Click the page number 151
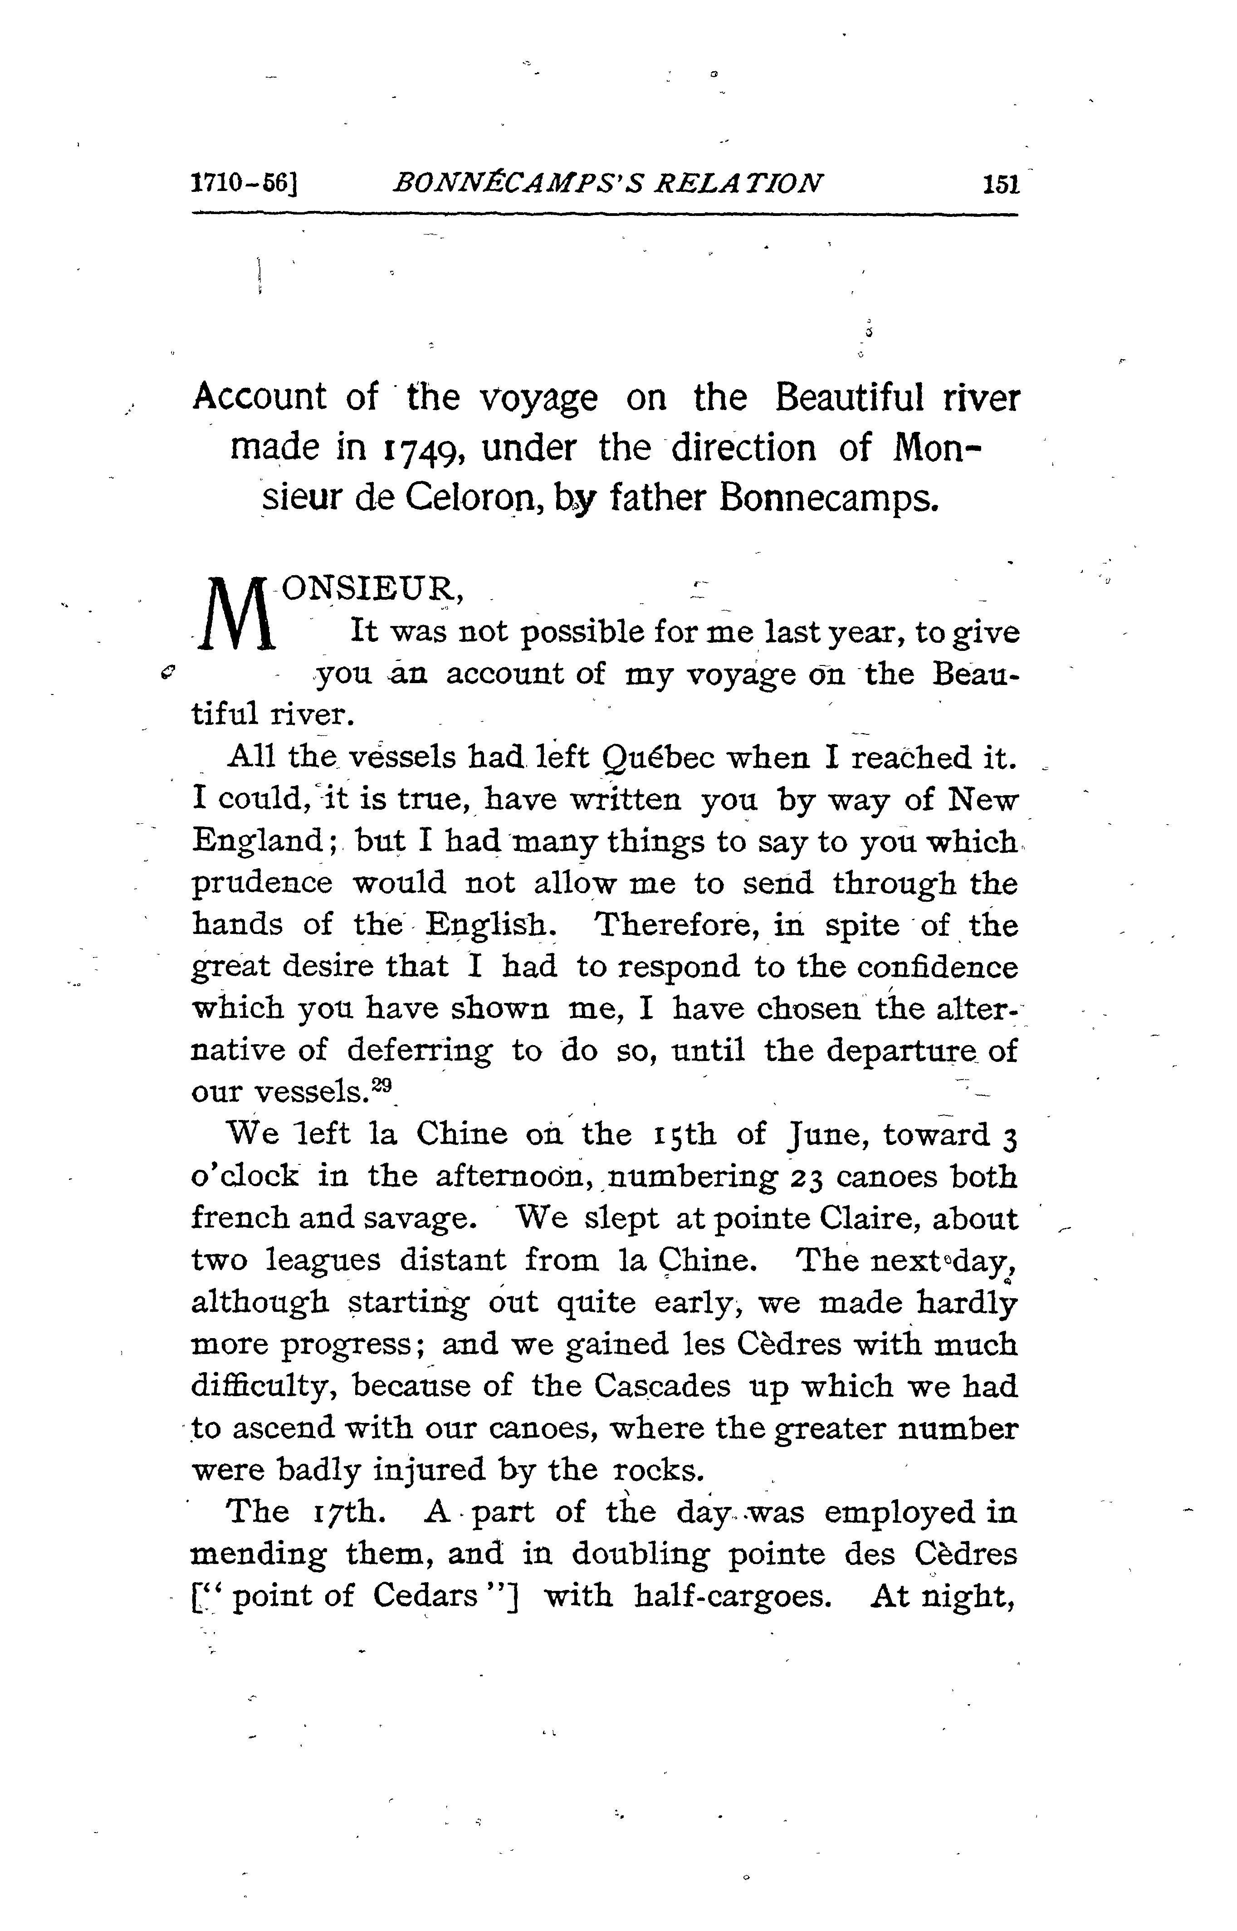click(1000, 185)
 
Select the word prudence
click(261, 884)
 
